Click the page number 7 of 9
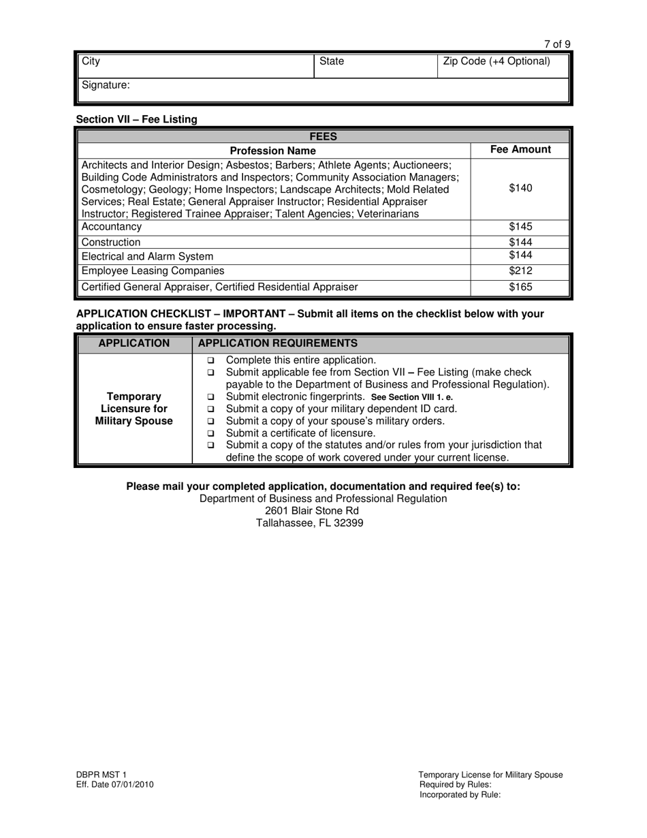pos(557,44)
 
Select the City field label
pos(91,61)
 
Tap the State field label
pos(332,61)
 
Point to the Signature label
pos(106,85)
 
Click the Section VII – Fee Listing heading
pos(136,119)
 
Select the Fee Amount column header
pos(520,150)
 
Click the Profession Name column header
pos(272,151)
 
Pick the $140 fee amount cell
pos(520,189)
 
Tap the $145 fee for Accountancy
pos(520,227)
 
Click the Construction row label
pos(111,242)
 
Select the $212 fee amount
pos(520,270)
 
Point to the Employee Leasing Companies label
pos(153,270)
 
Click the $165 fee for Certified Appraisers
pos(520,287)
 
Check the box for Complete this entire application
pos(210,360)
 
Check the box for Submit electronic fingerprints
pos(210,397)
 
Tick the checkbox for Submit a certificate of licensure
pos(210,433)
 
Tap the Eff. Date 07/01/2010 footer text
pos(114,784)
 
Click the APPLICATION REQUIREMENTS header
pos(277,343)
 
